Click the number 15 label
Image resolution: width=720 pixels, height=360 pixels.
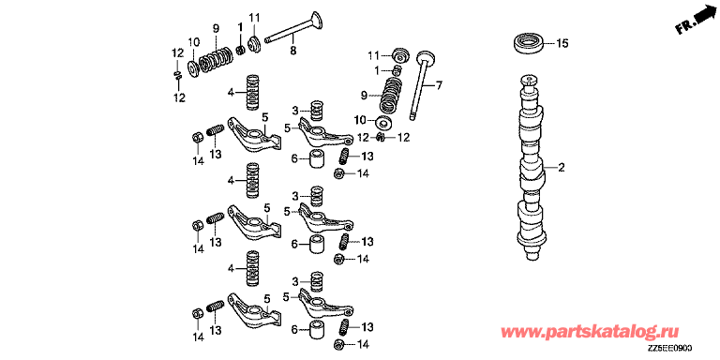pos(562,44)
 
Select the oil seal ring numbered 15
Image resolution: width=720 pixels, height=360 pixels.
pos(529,43)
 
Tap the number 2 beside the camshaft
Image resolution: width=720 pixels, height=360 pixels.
pos(561,168)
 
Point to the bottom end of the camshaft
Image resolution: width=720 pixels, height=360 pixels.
pos(532,258)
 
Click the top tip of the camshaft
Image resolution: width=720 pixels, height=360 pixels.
pos(529,78)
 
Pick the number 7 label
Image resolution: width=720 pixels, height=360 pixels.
pos(439,85)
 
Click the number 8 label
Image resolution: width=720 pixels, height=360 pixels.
pos(292,51)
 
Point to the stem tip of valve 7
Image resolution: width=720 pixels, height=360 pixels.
pos(412,117)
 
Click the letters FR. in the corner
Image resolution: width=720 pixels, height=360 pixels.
pos(683,28)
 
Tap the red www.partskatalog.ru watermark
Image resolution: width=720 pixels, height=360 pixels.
pos(589,332)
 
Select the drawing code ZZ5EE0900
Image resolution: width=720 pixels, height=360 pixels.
pos(670,349)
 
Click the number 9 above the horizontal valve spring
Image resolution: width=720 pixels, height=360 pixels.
pos(216,28)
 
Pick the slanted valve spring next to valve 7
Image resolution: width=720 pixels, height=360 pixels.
pos(390,95)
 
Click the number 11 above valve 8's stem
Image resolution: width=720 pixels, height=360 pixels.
pos(254,18)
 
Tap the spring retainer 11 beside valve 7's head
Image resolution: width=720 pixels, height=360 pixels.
pos(401,55)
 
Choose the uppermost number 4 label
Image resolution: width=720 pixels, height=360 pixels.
pos(231,93)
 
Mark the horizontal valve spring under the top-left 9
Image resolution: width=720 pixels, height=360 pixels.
pos(217,59)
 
